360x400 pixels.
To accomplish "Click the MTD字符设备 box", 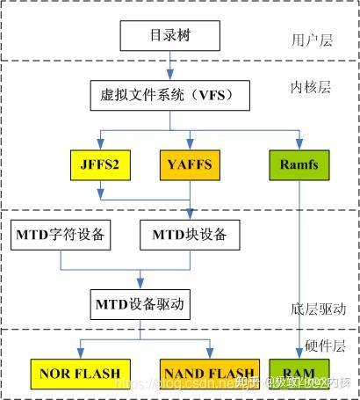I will pos(60,235).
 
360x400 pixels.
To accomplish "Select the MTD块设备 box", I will pos(191,235).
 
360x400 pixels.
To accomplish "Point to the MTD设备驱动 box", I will pos(142,304).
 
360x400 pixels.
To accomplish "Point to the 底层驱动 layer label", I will pos(316,309).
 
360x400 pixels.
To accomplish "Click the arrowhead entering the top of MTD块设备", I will pos(191,215).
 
